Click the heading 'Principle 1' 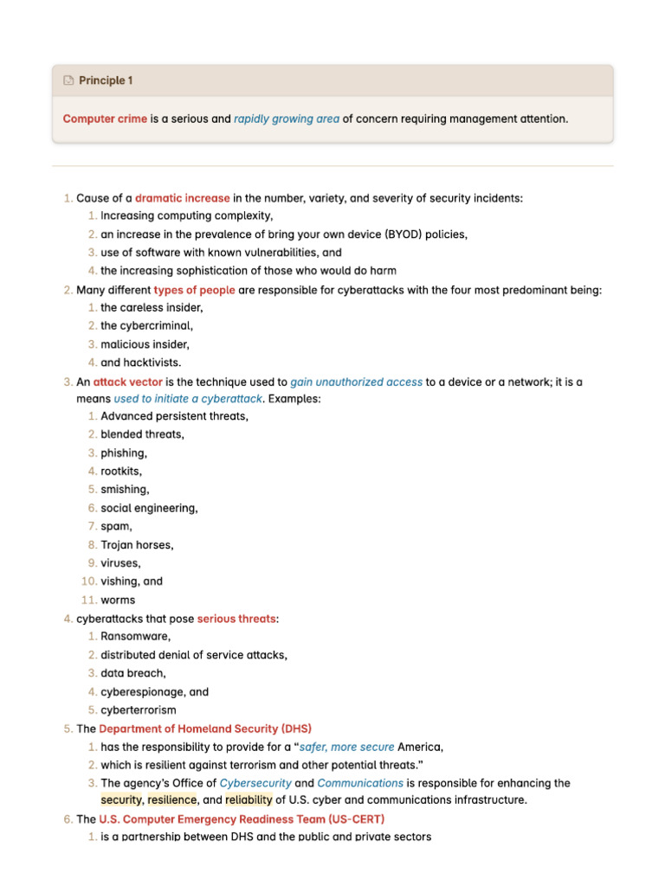[x=106, y=80]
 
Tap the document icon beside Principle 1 [x=68, y=80]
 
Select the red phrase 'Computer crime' [x=105, y=119]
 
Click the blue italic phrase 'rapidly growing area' [x=286, y=119]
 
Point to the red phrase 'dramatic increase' [x=182, y=198]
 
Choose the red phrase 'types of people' [x=194, y=290]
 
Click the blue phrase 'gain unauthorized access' [x=356, y=382]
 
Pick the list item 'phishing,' [x=124, y=453]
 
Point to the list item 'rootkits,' [x=121, y=472]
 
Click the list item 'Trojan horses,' [x=137, y=545]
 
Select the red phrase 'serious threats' [x=236, y=619]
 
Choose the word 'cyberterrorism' [x=139, y=710]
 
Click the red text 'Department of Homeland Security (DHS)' [x=205, y=729]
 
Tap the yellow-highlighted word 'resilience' [x=172, y=800]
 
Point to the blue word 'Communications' [x=360, y=783]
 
